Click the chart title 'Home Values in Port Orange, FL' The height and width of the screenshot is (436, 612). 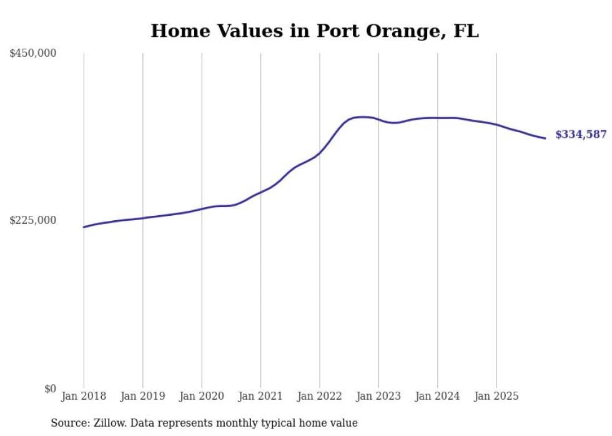point(315,31)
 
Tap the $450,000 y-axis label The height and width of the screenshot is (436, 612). point(33,54)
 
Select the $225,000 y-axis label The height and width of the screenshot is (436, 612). point(33,220)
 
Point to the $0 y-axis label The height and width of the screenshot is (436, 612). point(50,389)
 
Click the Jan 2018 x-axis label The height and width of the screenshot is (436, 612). point(84,396)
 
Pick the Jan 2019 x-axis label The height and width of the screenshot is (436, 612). point(142,396)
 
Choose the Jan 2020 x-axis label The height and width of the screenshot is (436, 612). point(201,396)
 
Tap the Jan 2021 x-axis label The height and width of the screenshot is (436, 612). point(260,396)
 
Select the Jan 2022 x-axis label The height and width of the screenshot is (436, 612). point(319,396)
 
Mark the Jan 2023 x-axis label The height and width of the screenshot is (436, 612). point(378,396)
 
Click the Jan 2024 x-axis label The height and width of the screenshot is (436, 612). point(437,396)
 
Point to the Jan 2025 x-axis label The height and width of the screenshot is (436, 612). point(496,396)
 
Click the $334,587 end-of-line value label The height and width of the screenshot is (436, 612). point(580,135)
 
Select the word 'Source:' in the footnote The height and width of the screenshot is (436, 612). point(69,424)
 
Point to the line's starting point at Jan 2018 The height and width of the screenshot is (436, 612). point(84,227)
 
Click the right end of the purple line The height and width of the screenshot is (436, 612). point(545,138)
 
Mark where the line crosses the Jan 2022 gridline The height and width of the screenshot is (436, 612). point(320,153)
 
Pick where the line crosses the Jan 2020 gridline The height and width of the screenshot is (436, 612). point(202,209)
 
